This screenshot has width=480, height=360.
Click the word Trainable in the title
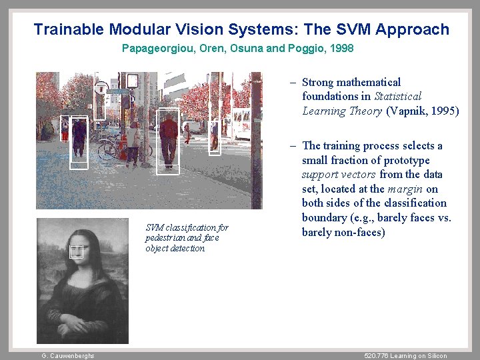(x=69, y=29)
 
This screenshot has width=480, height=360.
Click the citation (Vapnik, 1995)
(x=422, y=111)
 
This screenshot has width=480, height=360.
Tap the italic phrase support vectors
(x=339, y=175)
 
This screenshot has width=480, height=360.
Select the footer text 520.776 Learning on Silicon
(x=406, y=356)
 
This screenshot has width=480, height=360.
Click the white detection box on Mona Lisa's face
(x=77, y=251)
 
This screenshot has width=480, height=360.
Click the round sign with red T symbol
(x=101, y=87)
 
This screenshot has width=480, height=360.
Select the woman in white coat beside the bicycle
(x=134, y=141)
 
